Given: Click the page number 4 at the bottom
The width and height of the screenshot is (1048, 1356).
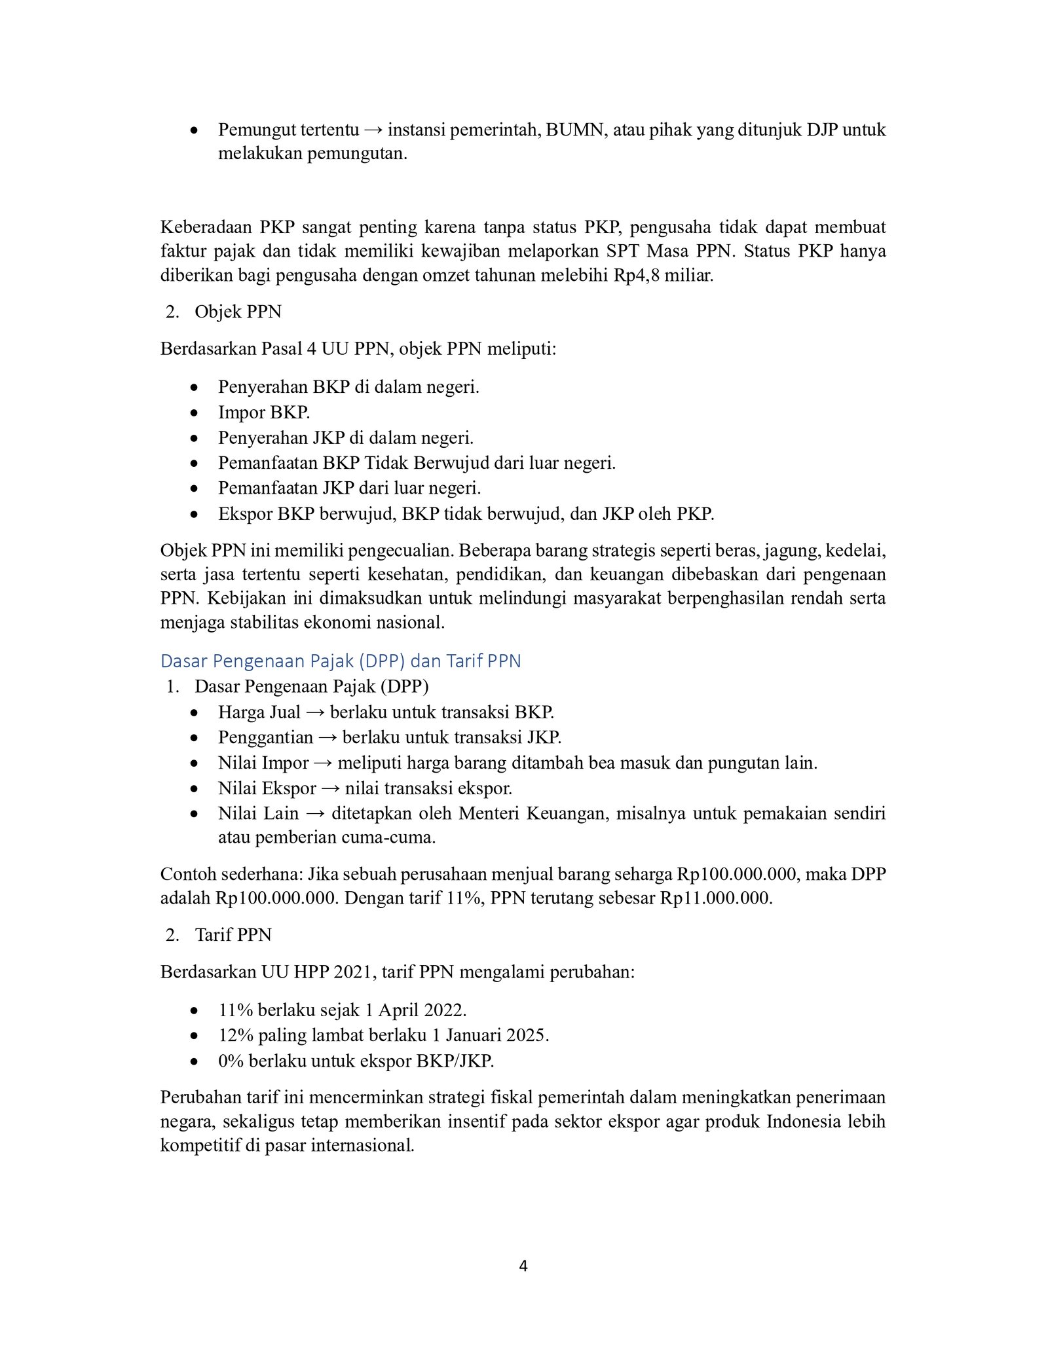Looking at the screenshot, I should tap(523, 1266).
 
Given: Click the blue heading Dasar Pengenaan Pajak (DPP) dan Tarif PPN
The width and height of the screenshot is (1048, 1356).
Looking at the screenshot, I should tap(341, 661).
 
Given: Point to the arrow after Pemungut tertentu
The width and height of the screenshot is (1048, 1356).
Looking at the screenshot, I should tap(373, 130).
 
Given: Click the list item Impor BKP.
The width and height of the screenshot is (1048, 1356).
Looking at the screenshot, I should tap(264, 412).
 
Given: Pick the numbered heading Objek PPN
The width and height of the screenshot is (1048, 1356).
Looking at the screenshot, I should tap(238, 312).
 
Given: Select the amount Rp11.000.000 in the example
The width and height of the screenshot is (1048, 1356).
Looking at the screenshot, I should tap(715, 898).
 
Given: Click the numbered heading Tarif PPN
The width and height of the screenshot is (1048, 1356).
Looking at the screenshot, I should tap(233, 934).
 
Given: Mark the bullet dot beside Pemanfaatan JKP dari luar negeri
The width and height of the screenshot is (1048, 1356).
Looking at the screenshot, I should tap(194, 489).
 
